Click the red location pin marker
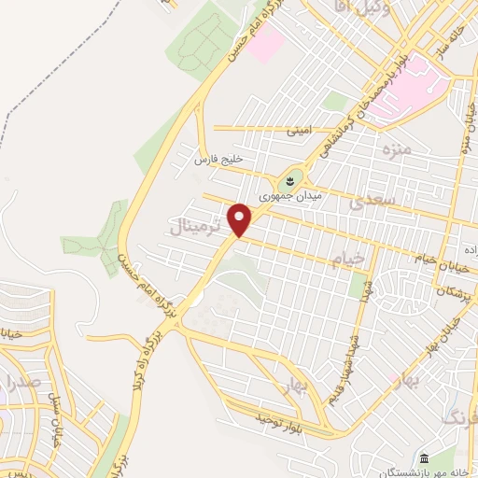[241, 219]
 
